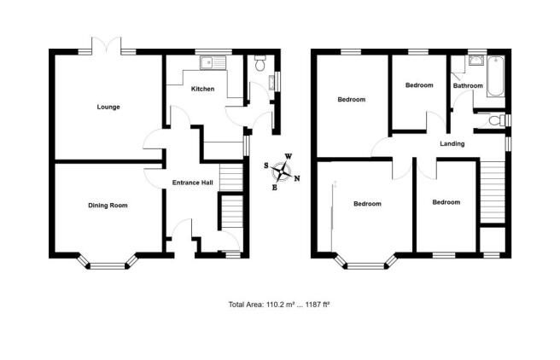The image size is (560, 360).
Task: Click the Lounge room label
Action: click(x=108, y=107)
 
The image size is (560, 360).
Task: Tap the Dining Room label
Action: click(x=108, y=206)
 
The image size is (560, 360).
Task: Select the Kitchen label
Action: click(x=203, y=89)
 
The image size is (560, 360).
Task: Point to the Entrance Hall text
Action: click(x=193, y=183)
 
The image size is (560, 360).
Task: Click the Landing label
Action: click(x=452, y=144)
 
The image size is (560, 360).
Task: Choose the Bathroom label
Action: click(x=468, y=85)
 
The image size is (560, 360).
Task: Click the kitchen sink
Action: click(x=213, y=63)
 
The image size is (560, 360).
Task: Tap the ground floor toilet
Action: click(x=260, y=62)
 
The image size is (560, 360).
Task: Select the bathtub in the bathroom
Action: click(x=496, y=76)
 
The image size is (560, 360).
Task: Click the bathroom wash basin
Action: click(x=475, y=61)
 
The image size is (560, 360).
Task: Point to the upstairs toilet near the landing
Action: click(x=497, y=120)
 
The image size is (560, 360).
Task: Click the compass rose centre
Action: click(x=283, y=172)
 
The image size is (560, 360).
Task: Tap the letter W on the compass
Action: click(x=289, y=156)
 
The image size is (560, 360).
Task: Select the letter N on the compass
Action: click(x=297, y=178)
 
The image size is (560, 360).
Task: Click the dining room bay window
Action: click(x=108, y=262)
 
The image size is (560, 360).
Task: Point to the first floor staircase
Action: click(x=493, y=192)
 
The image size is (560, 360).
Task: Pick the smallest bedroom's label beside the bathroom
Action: click(x=419, y=85)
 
